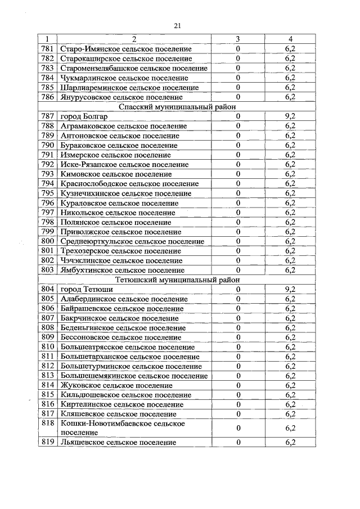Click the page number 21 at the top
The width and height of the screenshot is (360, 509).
point(178,25)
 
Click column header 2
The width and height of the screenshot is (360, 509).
point(134,39)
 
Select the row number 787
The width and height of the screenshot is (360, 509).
point(47,116)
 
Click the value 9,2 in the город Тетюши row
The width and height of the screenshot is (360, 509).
point(290,290)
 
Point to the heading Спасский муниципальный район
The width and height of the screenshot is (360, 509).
point(178,106)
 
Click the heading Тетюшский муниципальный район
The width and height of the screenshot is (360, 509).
point(178,280)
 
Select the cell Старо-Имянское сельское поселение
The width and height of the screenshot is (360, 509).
point(125,49)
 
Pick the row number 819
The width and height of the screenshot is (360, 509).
point(47,443)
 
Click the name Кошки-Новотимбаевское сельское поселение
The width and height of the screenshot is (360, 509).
point(122,428)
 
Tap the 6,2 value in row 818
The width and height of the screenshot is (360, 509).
point(290,428)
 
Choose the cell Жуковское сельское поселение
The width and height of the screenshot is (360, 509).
point(116,385)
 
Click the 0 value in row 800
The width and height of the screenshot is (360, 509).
point(238,241)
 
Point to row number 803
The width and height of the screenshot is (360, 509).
point(47,270)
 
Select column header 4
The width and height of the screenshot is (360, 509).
point(290,39)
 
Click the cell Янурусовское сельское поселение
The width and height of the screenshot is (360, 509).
point(121,97)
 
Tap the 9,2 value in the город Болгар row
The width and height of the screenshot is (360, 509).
point(290,116)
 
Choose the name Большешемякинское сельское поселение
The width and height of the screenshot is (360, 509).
point(134,376)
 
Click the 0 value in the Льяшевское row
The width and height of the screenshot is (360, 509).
point(238,443)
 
